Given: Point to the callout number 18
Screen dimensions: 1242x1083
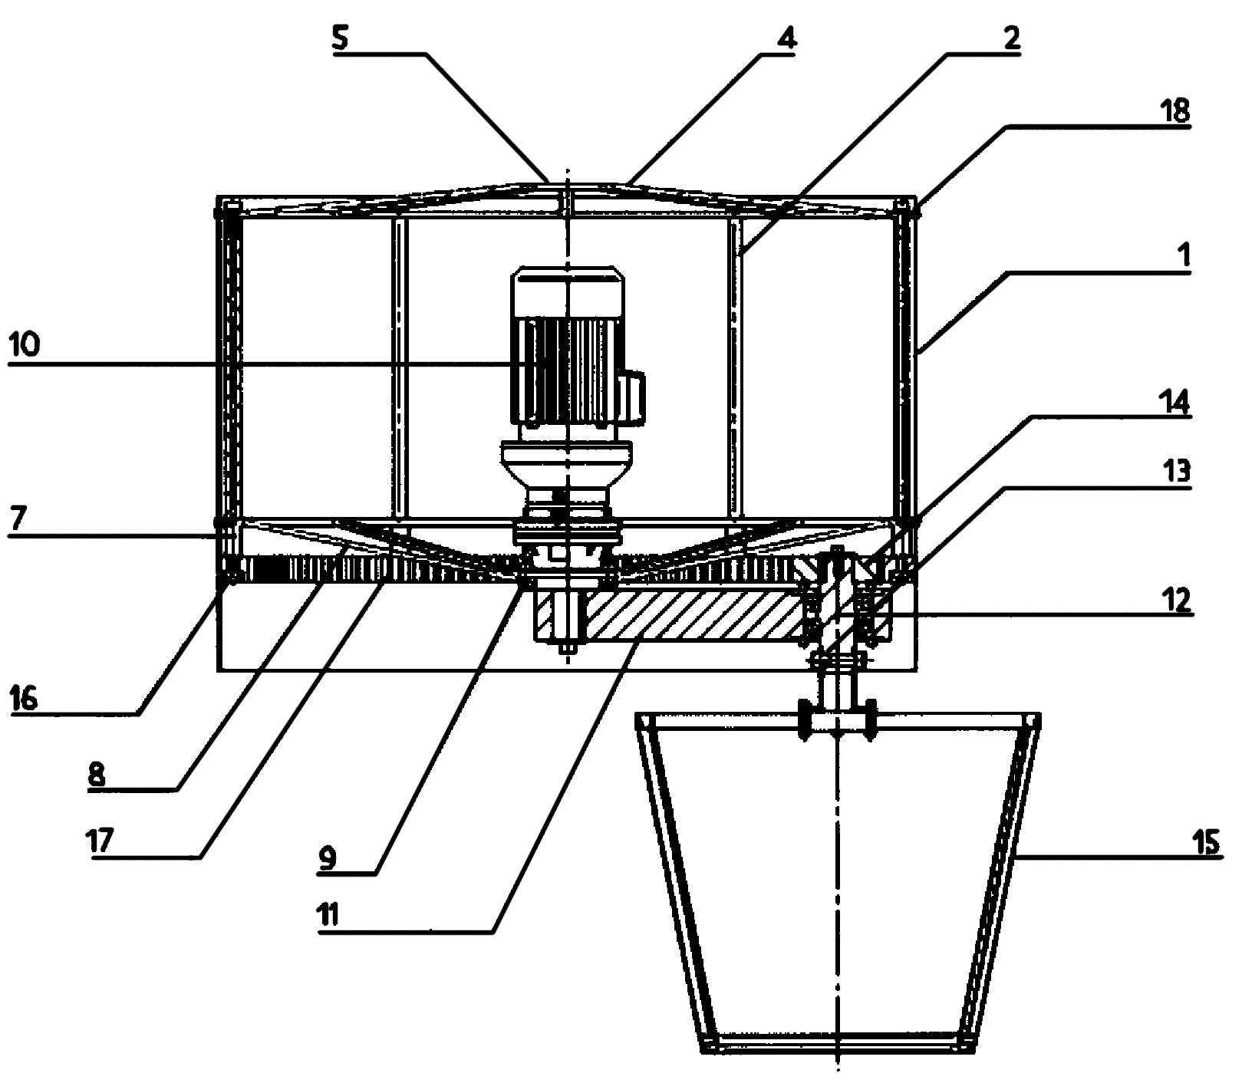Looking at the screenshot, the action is (x=1174, y=111).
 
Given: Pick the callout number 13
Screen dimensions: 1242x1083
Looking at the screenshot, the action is (x=1174, y=470).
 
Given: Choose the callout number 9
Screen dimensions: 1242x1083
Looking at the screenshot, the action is (x=328, y=858).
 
